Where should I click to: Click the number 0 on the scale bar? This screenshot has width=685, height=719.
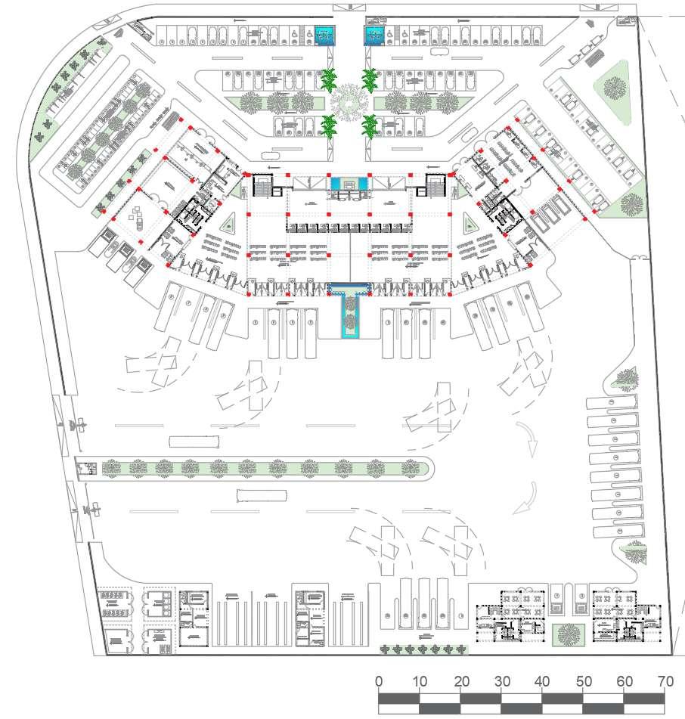point(378,681)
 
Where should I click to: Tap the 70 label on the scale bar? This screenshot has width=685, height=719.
point(665,681)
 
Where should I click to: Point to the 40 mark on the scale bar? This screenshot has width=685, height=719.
point(541,681)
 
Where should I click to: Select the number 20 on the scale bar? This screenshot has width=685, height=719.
point(460,681)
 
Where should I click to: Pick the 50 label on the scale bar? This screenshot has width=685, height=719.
point(583,681)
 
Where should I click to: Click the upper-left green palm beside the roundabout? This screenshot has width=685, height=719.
point(329,79)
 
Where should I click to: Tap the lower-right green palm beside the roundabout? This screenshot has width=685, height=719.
point(370,125)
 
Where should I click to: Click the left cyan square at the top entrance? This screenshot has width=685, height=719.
point(326,35)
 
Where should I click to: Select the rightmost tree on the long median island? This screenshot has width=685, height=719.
point(411,469)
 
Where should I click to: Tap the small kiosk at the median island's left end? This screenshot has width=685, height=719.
point(87,469)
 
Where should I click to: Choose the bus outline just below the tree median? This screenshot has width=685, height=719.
point(262,495)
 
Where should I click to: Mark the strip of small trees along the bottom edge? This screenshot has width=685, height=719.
point(423,649)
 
